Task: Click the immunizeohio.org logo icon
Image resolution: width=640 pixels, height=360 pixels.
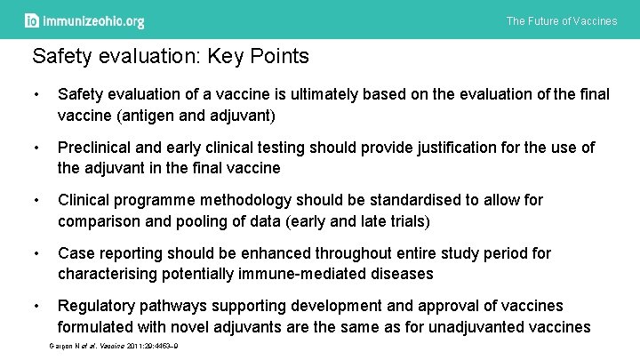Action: [x=32, y=20]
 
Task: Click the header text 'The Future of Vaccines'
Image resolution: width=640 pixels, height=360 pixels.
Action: [x=561, y=21]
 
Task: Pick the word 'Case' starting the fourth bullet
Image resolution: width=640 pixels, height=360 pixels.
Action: [x=76, y=253]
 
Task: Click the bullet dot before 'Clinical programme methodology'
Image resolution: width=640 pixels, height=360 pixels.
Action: [x=36, y=200]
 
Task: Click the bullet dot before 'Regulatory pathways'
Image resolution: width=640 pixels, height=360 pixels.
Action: [x=36, y=307]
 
